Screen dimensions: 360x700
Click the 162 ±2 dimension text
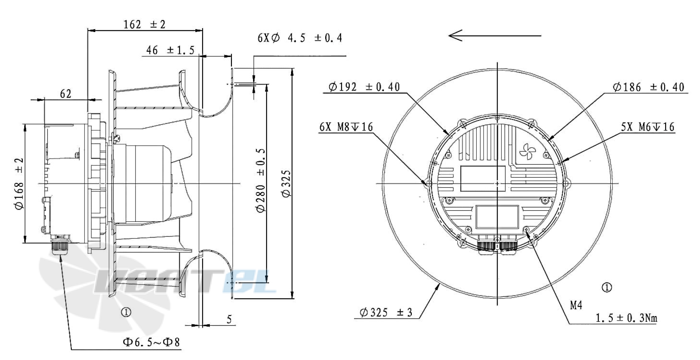click(x=144, y=25)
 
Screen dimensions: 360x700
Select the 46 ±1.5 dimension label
click(x=170, y=50)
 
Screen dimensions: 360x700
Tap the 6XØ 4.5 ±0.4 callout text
click(x=299, y=38)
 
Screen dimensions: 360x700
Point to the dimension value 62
click(x=65, y=94)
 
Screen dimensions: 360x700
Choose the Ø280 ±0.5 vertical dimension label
click(x=261, y=180)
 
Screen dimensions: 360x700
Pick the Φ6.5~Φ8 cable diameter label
click(x=151, y=342)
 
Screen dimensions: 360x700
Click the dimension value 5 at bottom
click(x=229, y=320)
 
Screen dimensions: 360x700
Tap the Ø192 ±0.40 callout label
click(x=364, y=87)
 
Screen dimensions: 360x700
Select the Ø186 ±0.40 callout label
click(x=648, y=87)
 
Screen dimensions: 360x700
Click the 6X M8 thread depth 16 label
click(x=346, y=127)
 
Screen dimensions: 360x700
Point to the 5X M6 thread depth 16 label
click(x=647, y=127)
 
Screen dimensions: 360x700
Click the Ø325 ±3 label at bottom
click(x=385, y=312)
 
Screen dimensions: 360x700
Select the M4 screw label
click(x=576, y=305)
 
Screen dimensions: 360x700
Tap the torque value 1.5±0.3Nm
click(x=626, y=318)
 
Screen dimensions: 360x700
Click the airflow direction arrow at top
click(x=494, y=36)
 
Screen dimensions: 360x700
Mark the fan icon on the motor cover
click(x=528, y=151)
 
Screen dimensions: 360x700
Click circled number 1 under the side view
click(x=126, y=312)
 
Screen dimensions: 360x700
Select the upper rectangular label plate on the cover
click(x=483, y=178)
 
